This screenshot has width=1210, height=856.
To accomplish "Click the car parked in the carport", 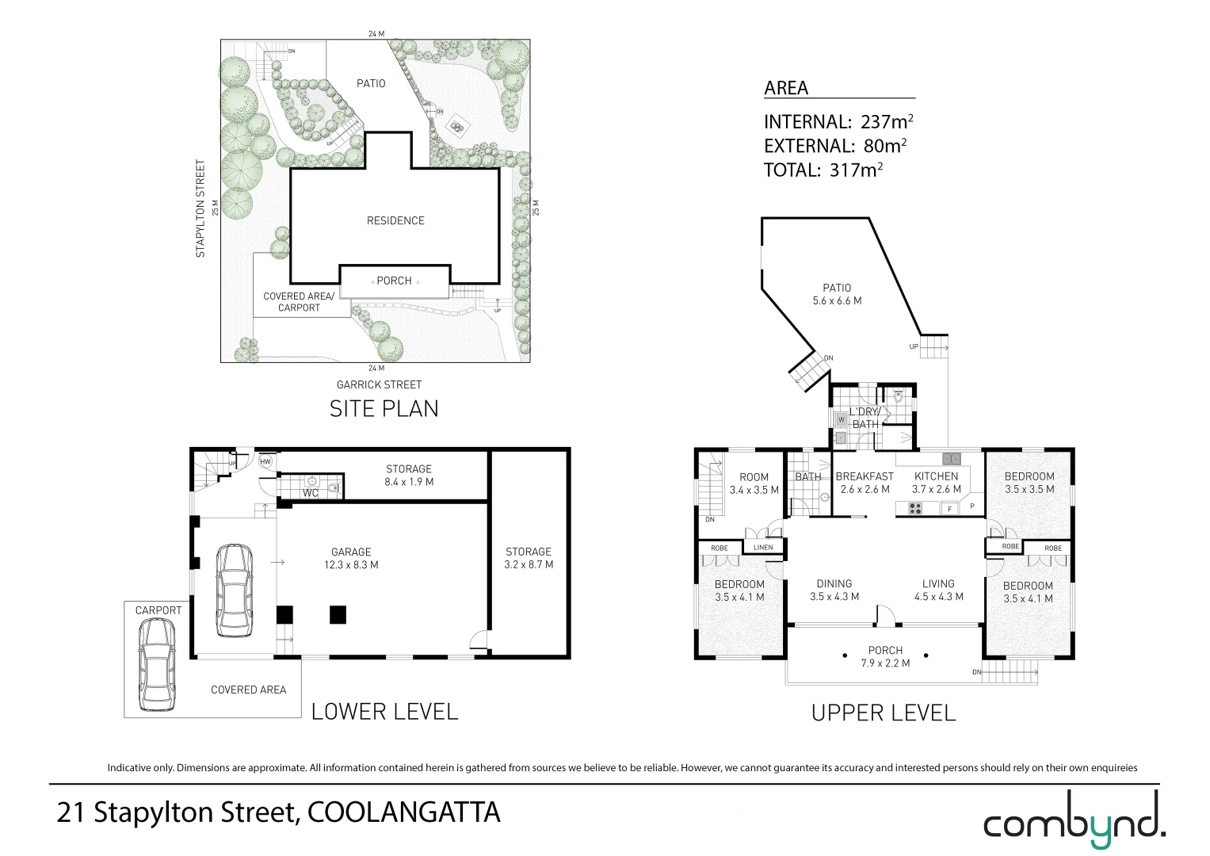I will pos(156,664).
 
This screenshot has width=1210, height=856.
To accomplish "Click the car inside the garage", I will pos(234,590).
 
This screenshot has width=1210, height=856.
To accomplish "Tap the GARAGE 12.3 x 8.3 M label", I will pos(351,559).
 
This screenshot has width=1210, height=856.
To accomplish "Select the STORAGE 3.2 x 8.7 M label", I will pos(529,558).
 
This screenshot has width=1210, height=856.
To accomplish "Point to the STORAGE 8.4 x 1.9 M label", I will pos(409,476).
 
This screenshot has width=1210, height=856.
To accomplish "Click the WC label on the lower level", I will pos(311,493).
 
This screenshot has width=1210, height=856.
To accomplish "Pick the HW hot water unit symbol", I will pos(265,461).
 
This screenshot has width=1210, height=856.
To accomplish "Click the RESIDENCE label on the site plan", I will pos(395,220).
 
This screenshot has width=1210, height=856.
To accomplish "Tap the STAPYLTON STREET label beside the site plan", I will pos(200,208).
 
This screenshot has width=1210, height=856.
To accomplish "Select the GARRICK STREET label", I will pos(379,384).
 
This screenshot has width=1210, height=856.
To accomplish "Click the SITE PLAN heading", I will pos(384,409).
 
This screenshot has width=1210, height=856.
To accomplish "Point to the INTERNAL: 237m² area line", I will pos(838,122).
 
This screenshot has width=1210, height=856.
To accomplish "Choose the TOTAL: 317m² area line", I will pos(823,170).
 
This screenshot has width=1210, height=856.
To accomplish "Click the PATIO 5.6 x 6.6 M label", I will pos(837,294).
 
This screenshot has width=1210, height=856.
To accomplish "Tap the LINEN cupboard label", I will pos(763,548).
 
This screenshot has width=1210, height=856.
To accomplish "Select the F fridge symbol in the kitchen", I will pos(949,509).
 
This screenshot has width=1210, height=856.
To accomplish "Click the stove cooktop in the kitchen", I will pos(914,509).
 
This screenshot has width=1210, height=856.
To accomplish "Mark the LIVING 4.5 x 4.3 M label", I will pos(938,590).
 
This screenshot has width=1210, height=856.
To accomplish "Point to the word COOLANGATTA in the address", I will pos(403,812).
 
